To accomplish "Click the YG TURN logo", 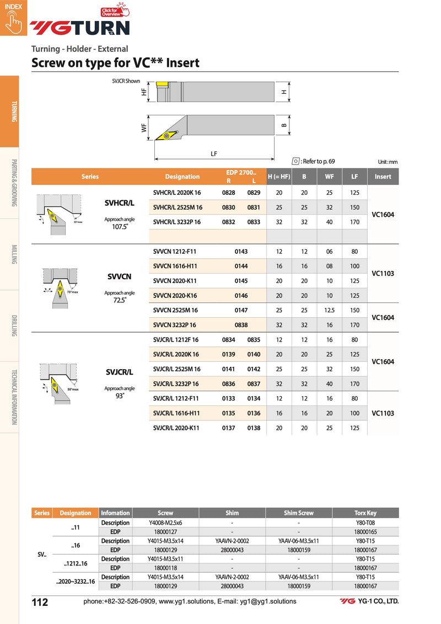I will (x=80, y=28).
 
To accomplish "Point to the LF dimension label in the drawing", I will (x=214, y=154).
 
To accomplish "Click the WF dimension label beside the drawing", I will (x=144, y=127).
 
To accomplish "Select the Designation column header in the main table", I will (x=182, y=177).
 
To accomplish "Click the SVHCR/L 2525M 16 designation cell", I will (x=177, y=207).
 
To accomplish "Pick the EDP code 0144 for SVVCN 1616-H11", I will (x=241, y=266).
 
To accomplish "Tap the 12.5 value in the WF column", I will (x=330, y=311).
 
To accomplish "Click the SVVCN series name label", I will (x=119, y=276).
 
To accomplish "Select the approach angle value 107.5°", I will (x=120, y=226).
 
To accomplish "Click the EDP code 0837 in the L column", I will (x=254, y=384).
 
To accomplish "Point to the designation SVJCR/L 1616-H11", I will (x=176, y=413).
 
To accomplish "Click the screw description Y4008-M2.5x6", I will (x=165, y=522).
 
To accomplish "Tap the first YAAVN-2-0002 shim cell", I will (x=232, y=541).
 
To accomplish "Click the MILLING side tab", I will (x=14, y=254).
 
